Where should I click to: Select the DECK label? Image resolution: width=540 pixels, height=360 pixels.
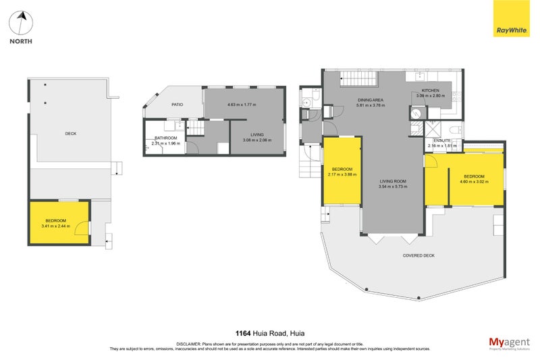coord(70,134)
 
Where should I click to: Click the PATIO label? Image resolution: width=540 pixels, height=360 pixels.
coord(178,105)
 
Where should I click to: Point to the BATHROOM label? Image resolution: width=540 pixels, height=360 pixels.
coord(166,138)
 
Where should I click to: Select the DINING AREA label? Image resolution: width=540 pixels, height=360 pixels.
coord(371,100)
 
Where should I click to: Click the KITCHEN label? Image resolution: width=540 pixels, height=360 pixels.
coord(431,91)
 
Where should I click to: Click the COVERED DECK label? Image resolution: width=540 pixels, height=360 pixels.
coord(418,255)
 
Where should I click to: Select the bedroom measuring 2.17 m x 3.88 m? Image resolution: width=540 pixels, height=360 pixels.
coord(342,172)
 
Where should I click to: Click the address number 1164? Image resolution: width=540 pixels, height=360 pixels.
coord(244,333)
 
